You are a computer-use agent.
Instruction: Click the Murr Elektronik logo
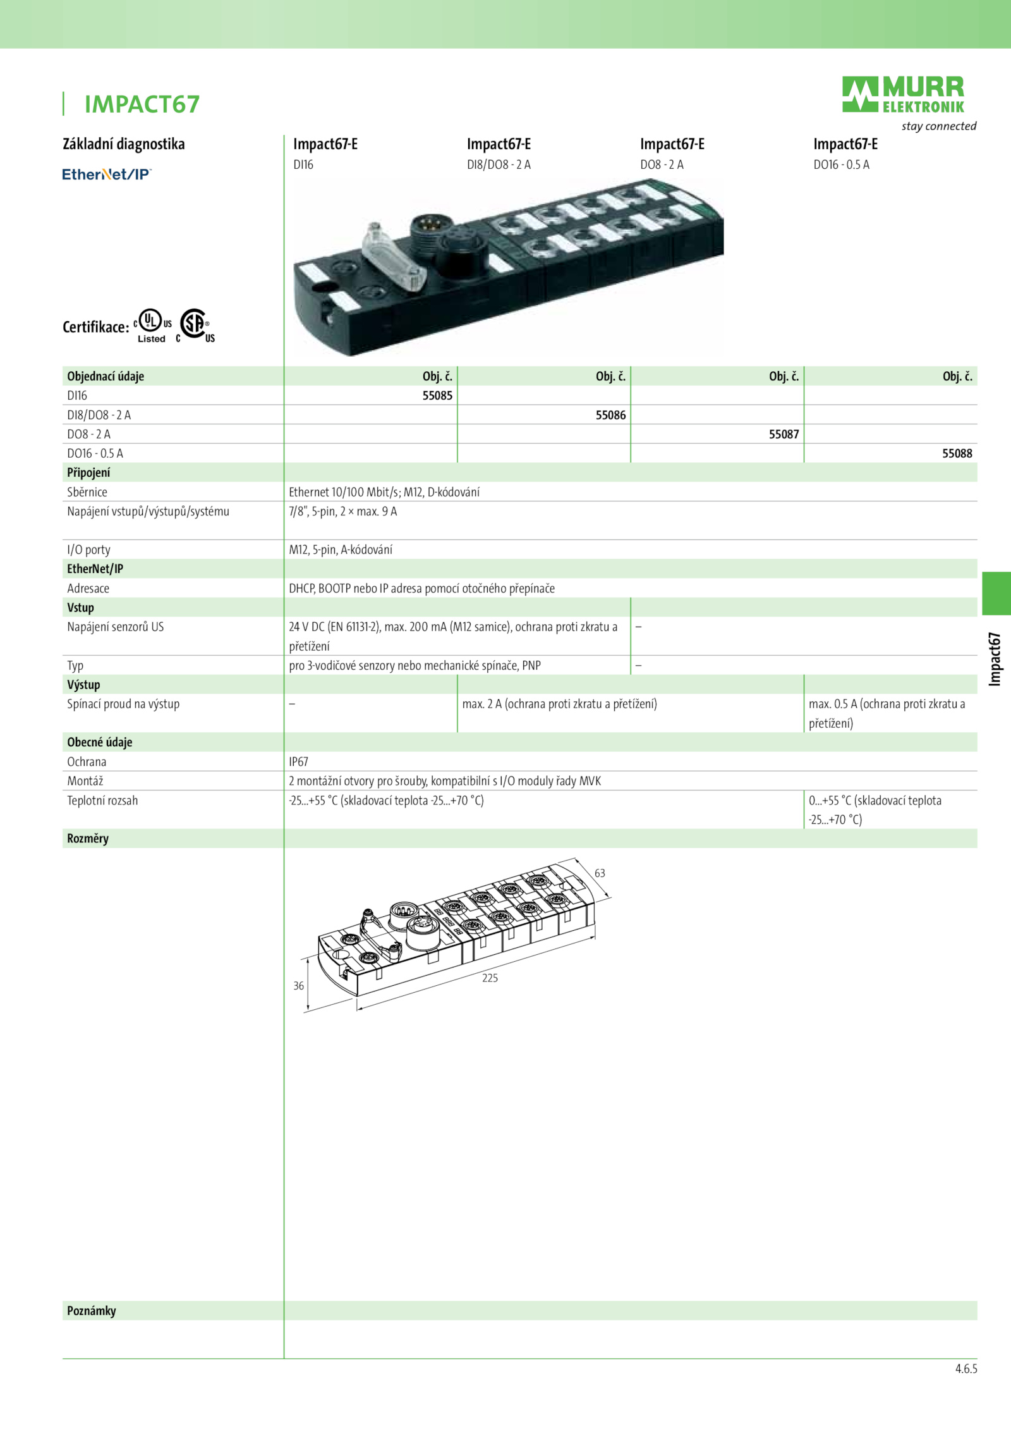[x=903, y=95]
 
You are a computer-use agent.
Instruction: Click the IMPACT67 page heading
[x=142, y=104]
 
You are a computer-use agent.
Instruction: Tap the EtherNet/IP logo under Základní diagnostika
[x=107, y=174]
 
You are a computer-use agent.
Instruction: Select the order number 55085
[x=437, y=396]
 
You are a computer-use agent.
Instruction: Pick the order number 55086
[x=610, y=415]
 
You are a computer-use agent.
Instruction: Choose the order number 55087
[x=784, y=434]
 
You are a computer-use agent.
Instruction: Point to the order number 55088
[x=957, y=453]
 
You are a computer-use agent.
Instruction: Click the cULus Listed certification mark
[x=152, y=326]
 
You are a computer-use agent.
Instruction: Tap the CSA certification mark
[x=196, y=326]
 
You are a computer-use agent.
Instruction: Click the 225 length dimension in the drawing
[x=490, y=978]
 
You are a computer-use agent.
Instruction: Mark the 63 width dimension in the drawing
[x=600, y=873]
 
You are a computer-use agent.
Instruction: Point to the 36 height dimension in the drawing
[x=299, y=986]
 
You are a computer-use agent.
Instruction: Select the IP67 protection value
[x=299, y=762]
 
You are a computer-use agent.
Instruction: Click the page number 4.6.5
[x=966, y=1369]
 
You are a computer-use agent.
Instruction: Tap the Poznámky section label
[x=92, y=1311]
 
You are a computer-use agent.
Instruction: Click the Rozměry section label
[x=88, y=838]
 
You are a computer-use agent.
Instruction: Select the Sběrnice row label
[x=87, y=492]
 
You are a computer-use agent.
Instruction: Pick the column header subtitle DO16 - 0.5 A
[x=841, y=165]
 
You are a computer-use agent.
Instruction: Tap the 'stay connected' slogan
[x=939, y=126]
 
